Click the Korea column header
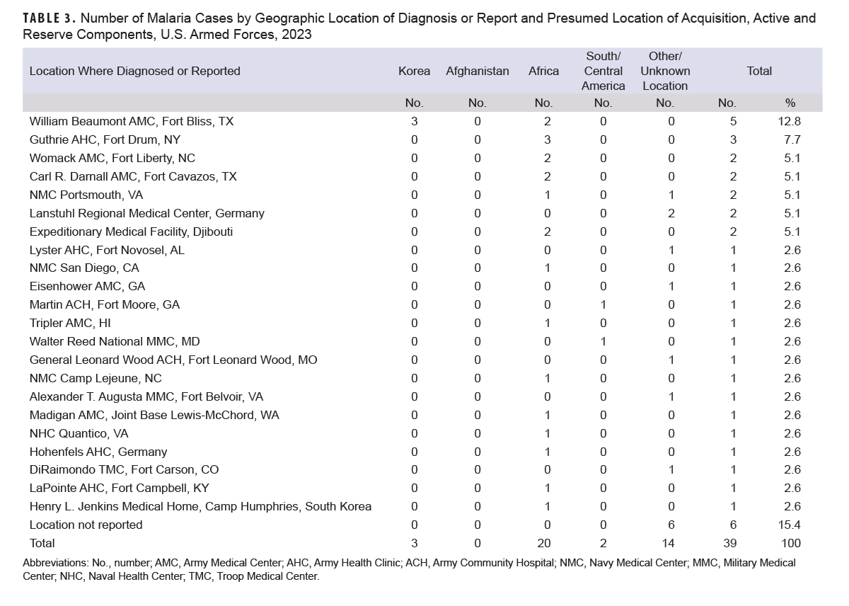pos(414,71)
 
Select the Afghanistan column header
pos(477,71)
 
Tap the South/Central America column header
pos(603,71)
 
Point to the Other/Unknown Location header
pos(665,71)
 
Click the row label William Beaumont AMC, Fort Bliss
pos(132,121)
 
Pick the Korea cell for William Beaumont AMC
pos(414,121)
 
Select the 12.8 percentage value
pos(790,121)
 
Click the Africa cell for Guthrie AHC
pos(548,139)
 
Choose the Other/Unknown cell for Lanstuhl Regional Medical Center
pos(671,213)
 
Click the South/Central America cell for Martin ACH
pos(603,304)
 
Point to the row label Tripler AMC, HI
pos(70,323)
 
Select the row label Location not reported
pos(86,525)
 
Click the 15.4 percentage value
pos(790,525)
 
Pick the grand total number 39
pos(730,543)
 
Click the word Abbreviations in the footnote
pos(55,563)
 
